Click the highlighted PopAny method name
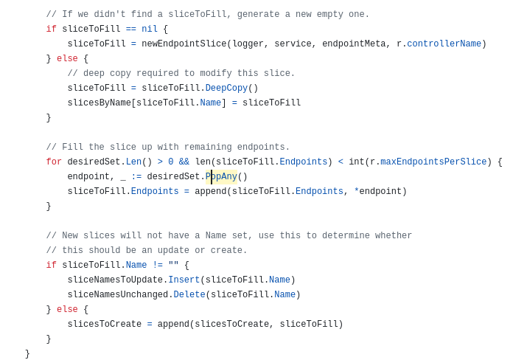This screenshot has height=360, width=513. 221,176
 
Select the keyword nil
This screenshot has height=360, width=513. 150,29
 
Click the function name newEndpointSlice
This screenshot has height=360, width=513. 184,44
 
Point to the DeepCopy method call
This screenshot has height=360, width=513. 226,88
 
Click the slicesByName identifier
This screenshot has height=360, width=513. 100,103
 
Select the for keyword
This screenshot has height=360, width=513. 54,162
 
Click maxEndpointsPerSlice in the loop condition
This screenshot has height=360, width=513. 433,162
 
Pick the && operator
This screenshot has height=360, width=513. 184,162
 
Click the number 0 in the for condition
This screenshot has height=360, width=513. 171,162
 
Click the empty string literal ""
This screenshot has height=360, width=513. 173,264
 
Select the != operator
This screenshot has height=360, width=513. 158,265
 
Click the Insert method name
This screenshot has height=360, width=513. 184,280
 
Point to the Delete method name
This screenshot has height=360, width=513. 189,294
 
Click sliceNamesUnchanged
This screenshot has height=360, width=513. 118,294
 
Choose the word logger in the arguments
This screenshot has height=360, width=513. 248,44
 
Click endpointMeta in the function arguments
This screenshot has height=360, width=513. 354,44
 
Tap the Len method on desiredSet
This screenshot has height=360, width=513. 134,162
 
